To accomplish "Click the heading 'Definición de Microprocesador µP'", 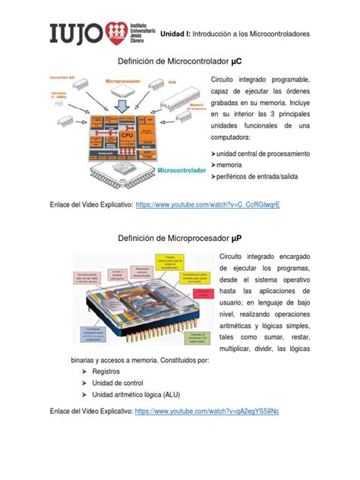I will (x=180, y=239).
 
